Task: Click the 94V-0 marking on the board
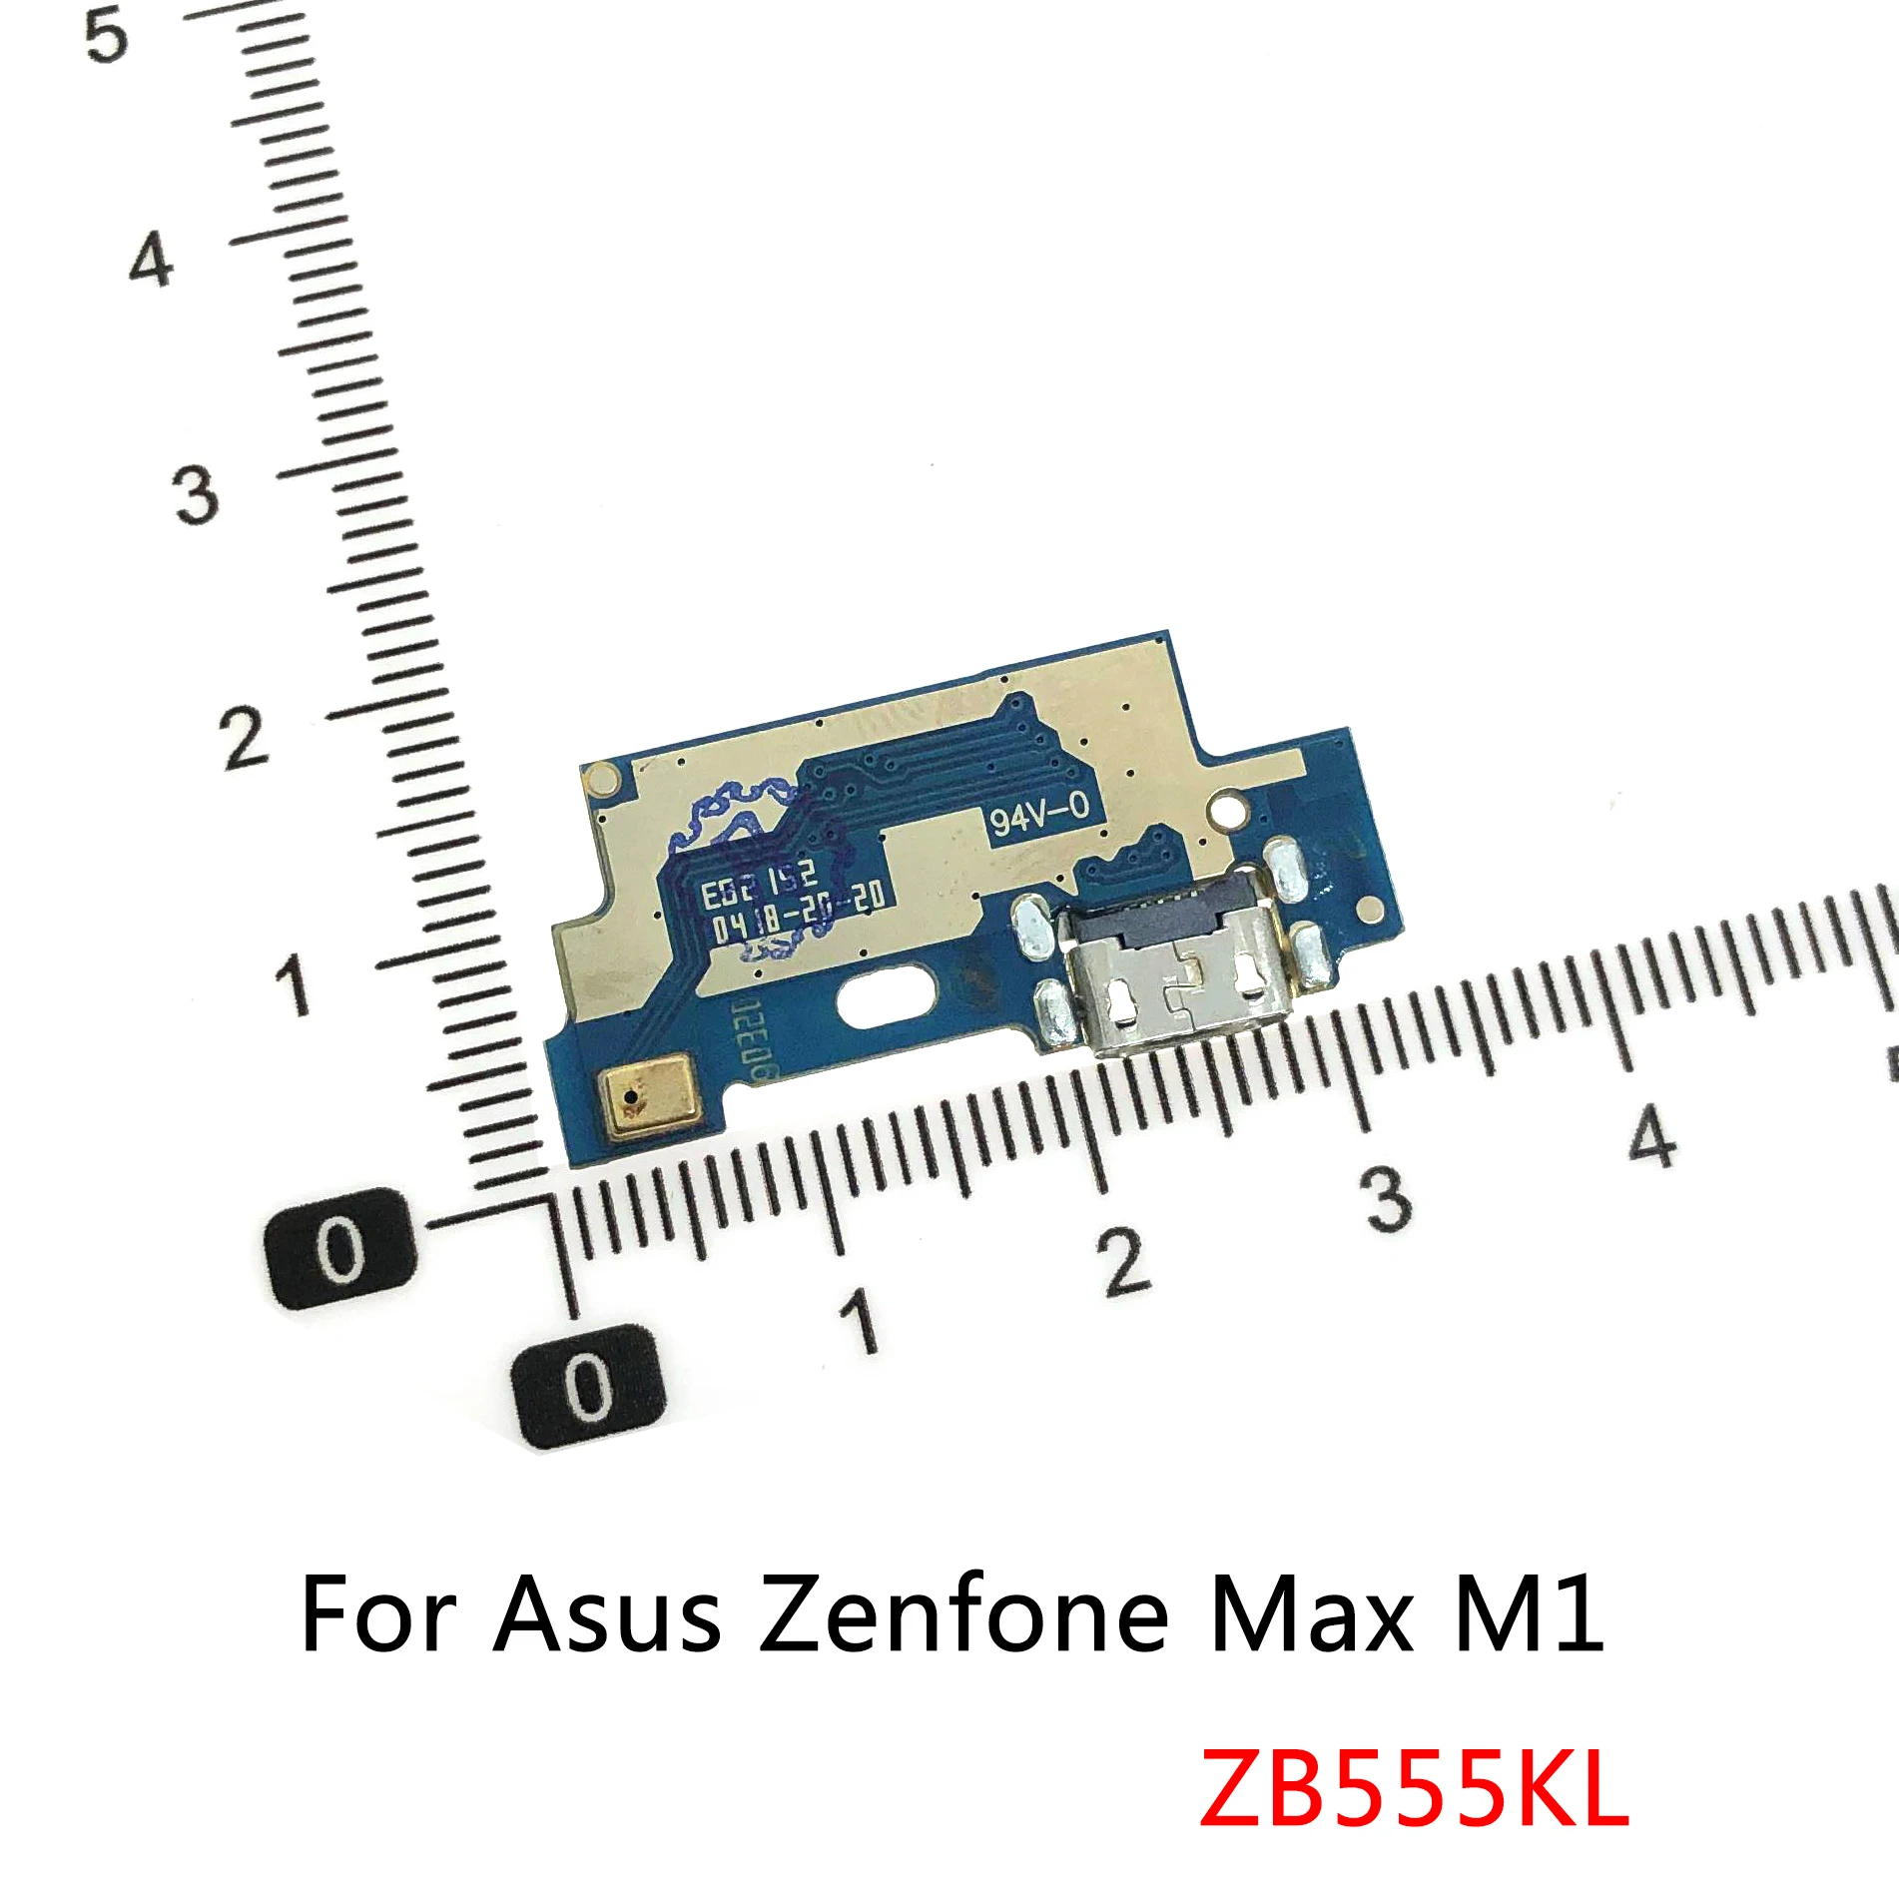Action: (x=1039, y=814)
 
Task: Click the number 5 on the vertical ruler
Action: (x=107, y=35)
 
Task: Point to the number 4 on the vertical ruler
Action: (x=152, y=262)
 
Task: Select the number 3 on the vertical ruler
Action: (x=196, y=495)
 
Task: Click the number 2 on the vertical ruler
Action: (x=244, y=739)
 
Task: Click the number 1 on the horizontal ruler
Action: (x=860, y=1319)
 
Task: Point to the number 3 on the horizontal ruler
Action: (x=1388, y=1198)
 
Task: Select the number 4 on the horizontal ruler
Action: (x=1651, y=1135)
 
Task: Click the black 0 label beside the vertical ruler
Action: (x=340, y=1249)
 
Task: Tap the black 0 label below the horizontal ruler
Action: (x=588, y=1387)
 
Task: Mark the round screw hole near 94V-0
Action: (x=1229, y=804)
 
